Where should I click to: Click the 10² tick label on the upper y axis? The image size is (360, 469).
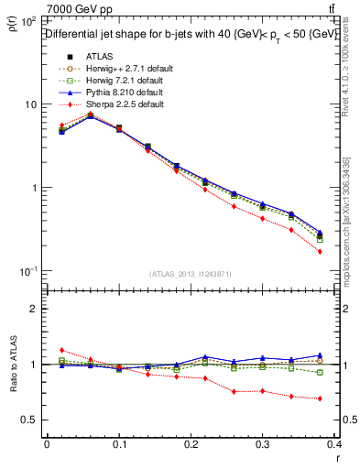(27, 20)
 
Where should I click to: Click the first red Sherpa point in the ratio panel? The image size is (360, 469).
(61, 350)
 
